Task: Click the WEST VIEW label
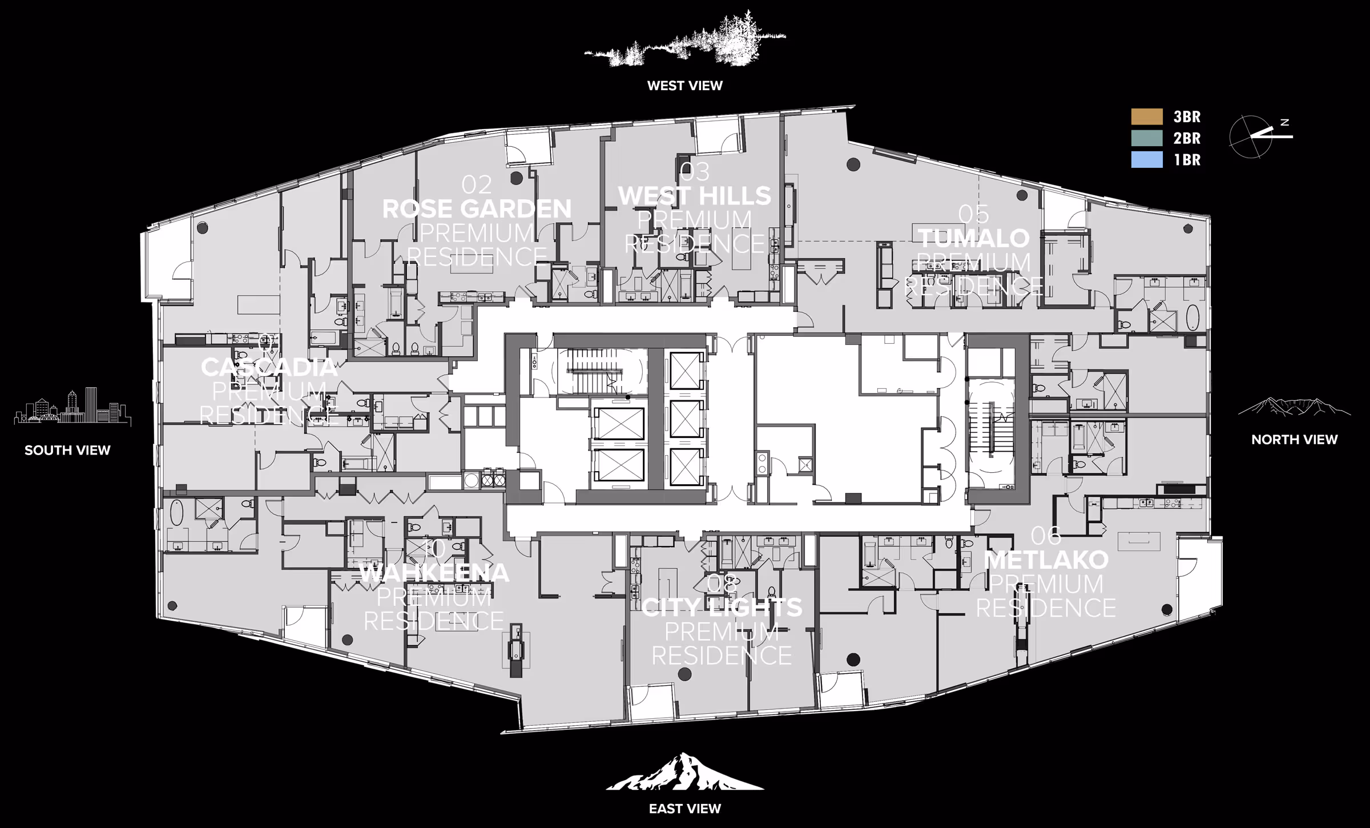click(684, 86)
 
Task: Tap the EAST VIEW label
click(684, 809)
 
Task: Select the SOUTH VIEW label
click(67, 450)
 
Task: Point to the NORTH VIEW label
click(1294, 439)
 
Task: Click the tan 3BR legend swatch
click(1147, 116)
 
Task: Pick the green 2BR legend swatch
click(1147, 138)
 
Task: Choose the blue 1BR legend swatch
click(1147, 160)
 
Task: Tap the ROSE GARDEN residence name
click(477, 209)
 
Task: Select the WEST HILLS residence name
click(695, 196)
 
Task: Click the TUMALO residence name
click(974, 238)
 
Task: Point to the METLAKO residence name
click(1046, 560)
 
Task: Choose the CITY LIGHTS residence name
click(722, 608)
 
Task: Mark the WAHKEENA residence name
click(434, 573)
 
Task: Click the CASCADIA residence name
click(269, 367)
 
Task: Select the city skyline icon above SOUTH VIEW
click(72, 407)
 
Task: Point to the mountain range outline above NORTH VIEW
click(1294, 407)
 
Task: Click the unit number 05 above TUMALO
click(974, 215)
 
